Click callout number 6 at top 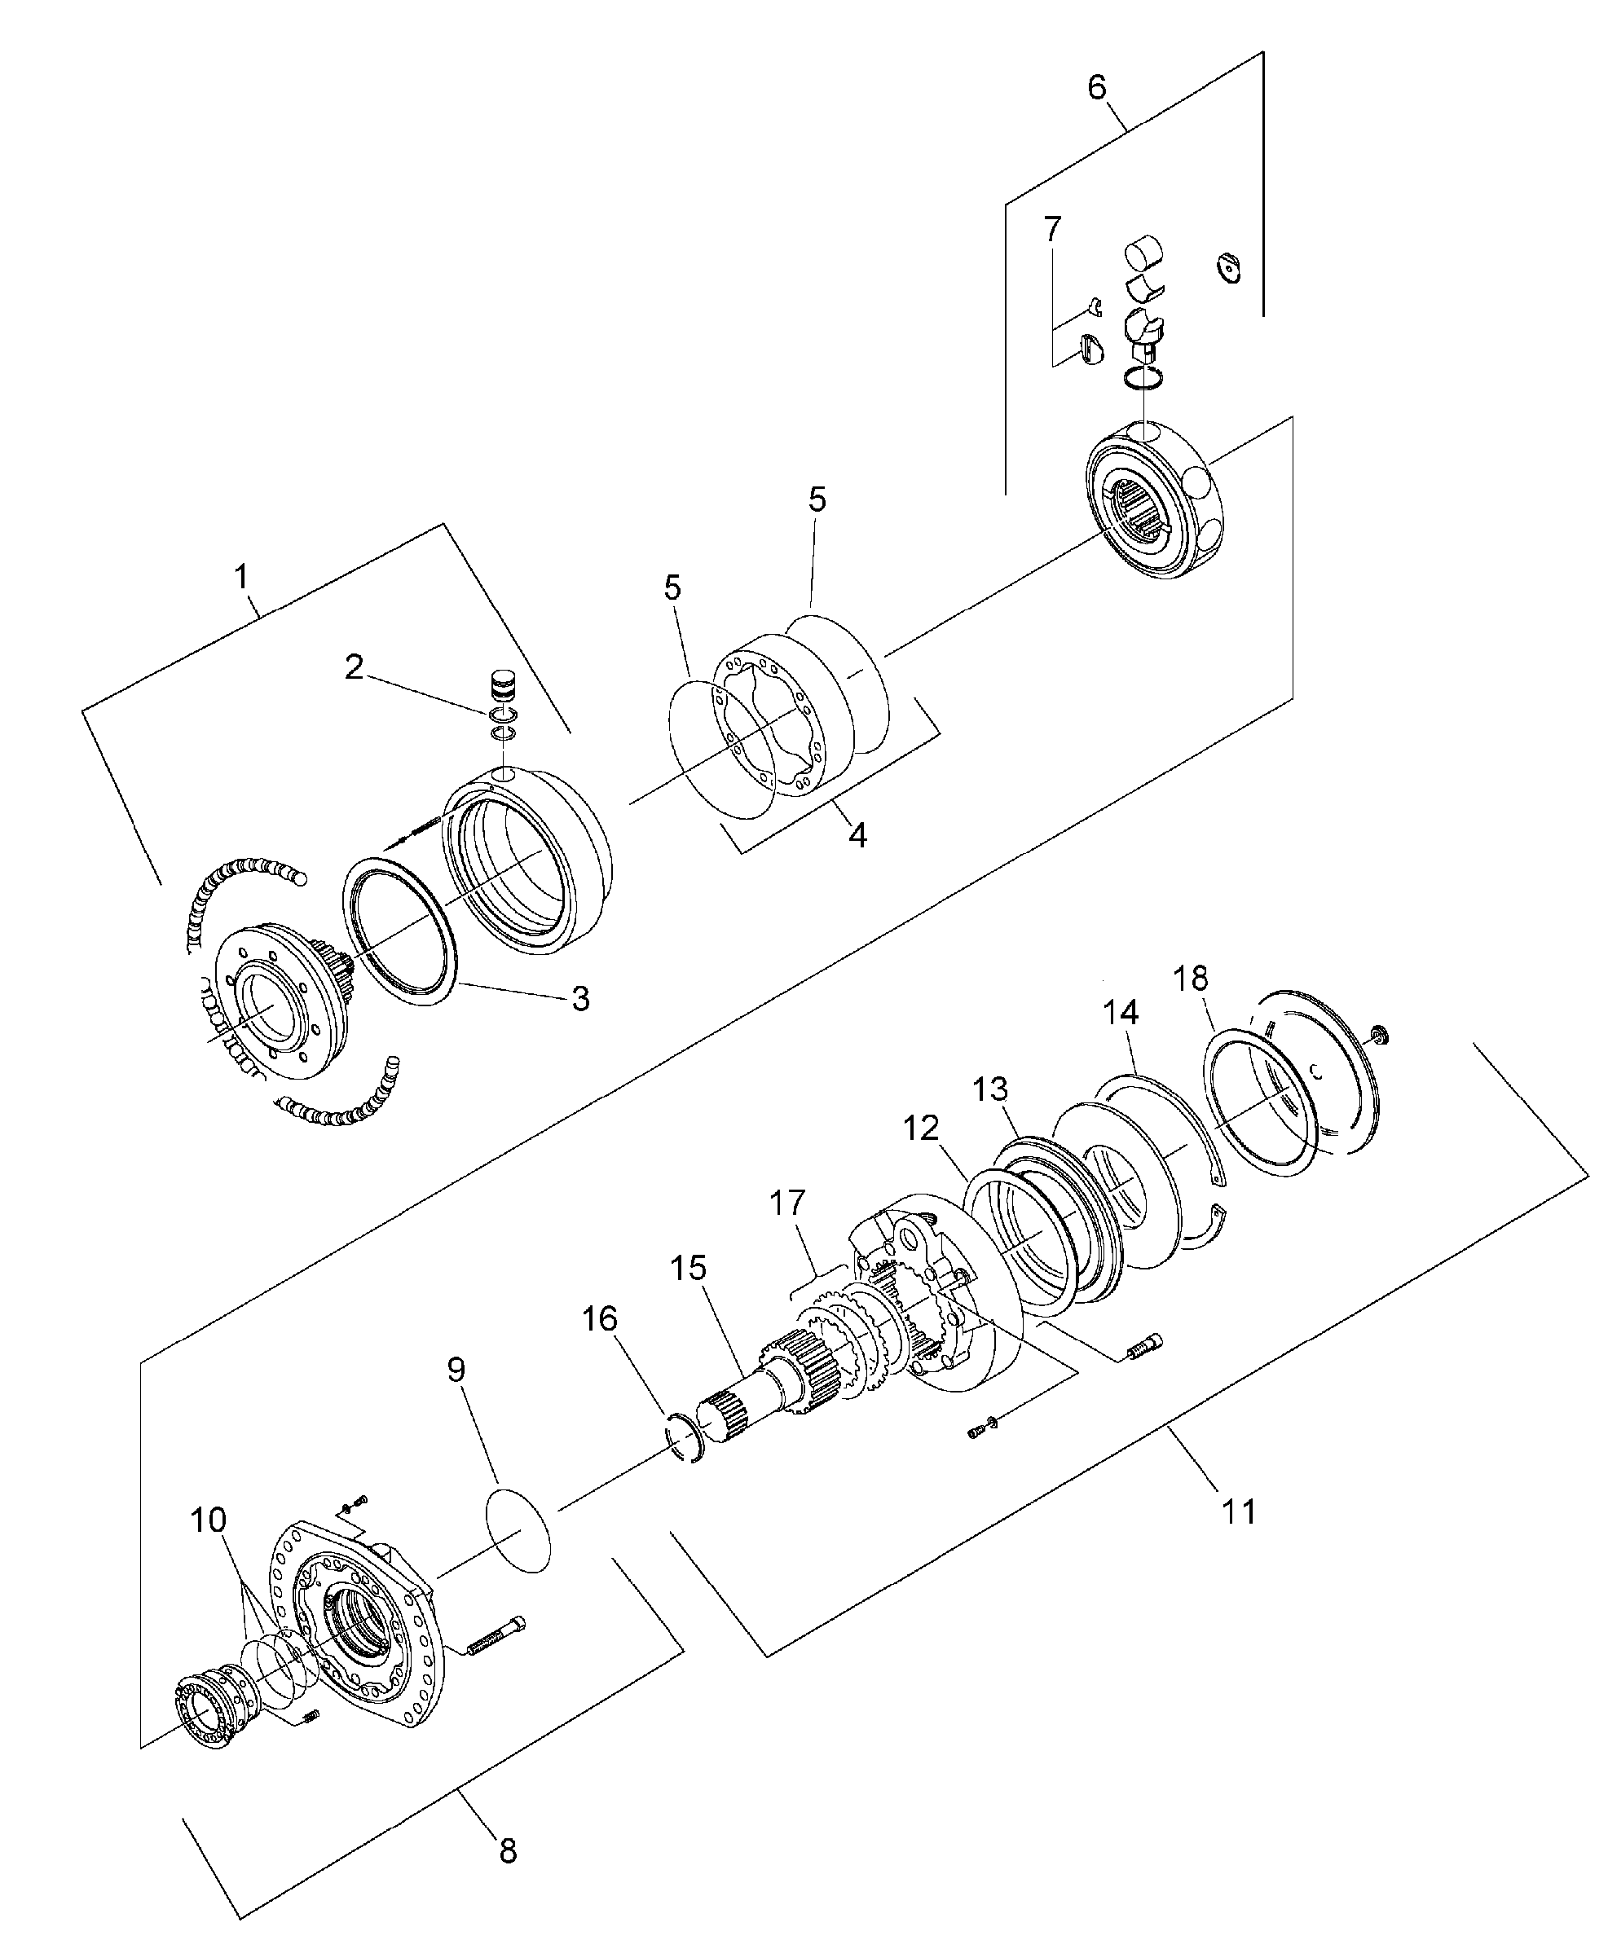[x=1096, y=88]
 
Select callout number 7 [x=1052, y=229]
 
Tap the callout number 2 [x=354, y=667]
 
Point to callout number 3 [x=579, y=999]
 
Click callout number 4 [x=857, y=835]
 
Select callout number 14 [x=1120, y=1013]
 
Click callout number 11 [x=1240, y=1512]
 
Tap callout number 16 [x=599, y=1318]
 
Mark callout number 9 [x=456, y=1370]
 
